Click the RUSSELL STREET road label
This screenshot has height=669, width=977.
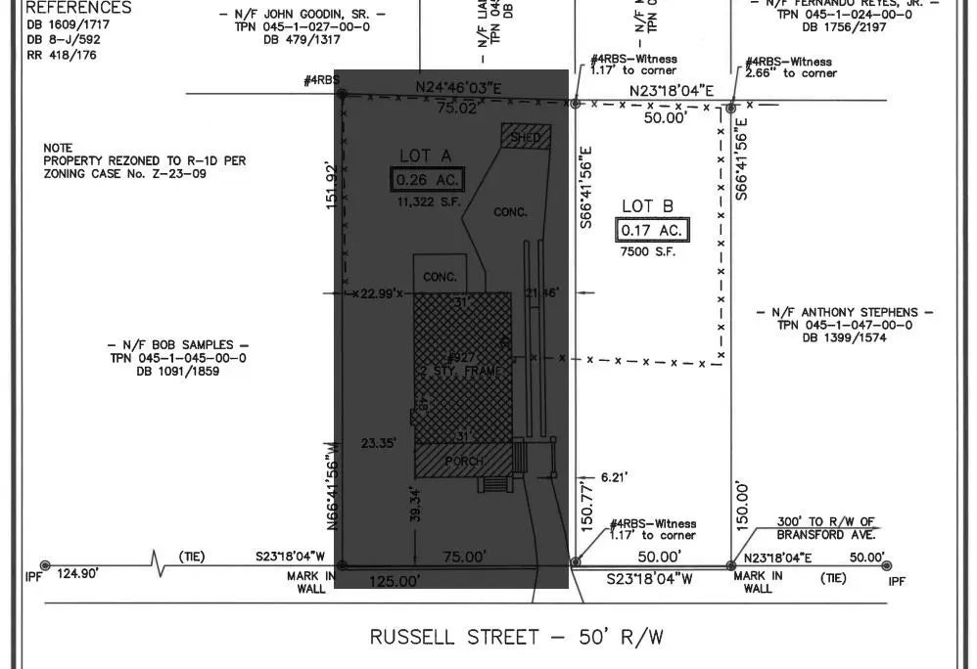coord(516,638)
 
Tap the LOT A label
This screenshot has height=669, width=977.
coord(426,156)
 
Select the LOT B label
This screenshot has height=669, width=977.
coord(648,206)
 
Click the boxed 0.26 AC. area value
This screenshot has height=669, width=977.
coord(427,180)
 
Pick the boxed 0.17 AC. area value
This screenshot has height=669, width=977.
coord(652,231)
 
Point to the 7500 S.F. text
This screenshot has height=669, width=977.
coord(648,252)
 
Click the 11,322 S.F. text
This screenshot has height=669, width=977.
coord(427,202)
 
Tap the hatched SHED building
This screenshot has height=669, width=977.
coord(526,137)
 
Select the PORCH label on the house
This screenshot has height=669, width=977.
coord(464,461)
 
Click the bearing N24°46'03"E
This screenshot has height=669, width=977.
coord(458,89)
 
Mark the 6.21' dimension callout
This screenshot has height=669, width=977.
coord(613,477)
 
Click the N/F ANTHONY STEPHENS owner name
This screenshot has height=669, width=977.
coord(845,313)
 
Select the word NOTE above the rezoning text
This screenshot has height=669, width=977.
coord(58,148)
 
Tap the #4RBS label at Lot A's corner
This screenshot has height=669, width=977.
coord(319,81)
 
